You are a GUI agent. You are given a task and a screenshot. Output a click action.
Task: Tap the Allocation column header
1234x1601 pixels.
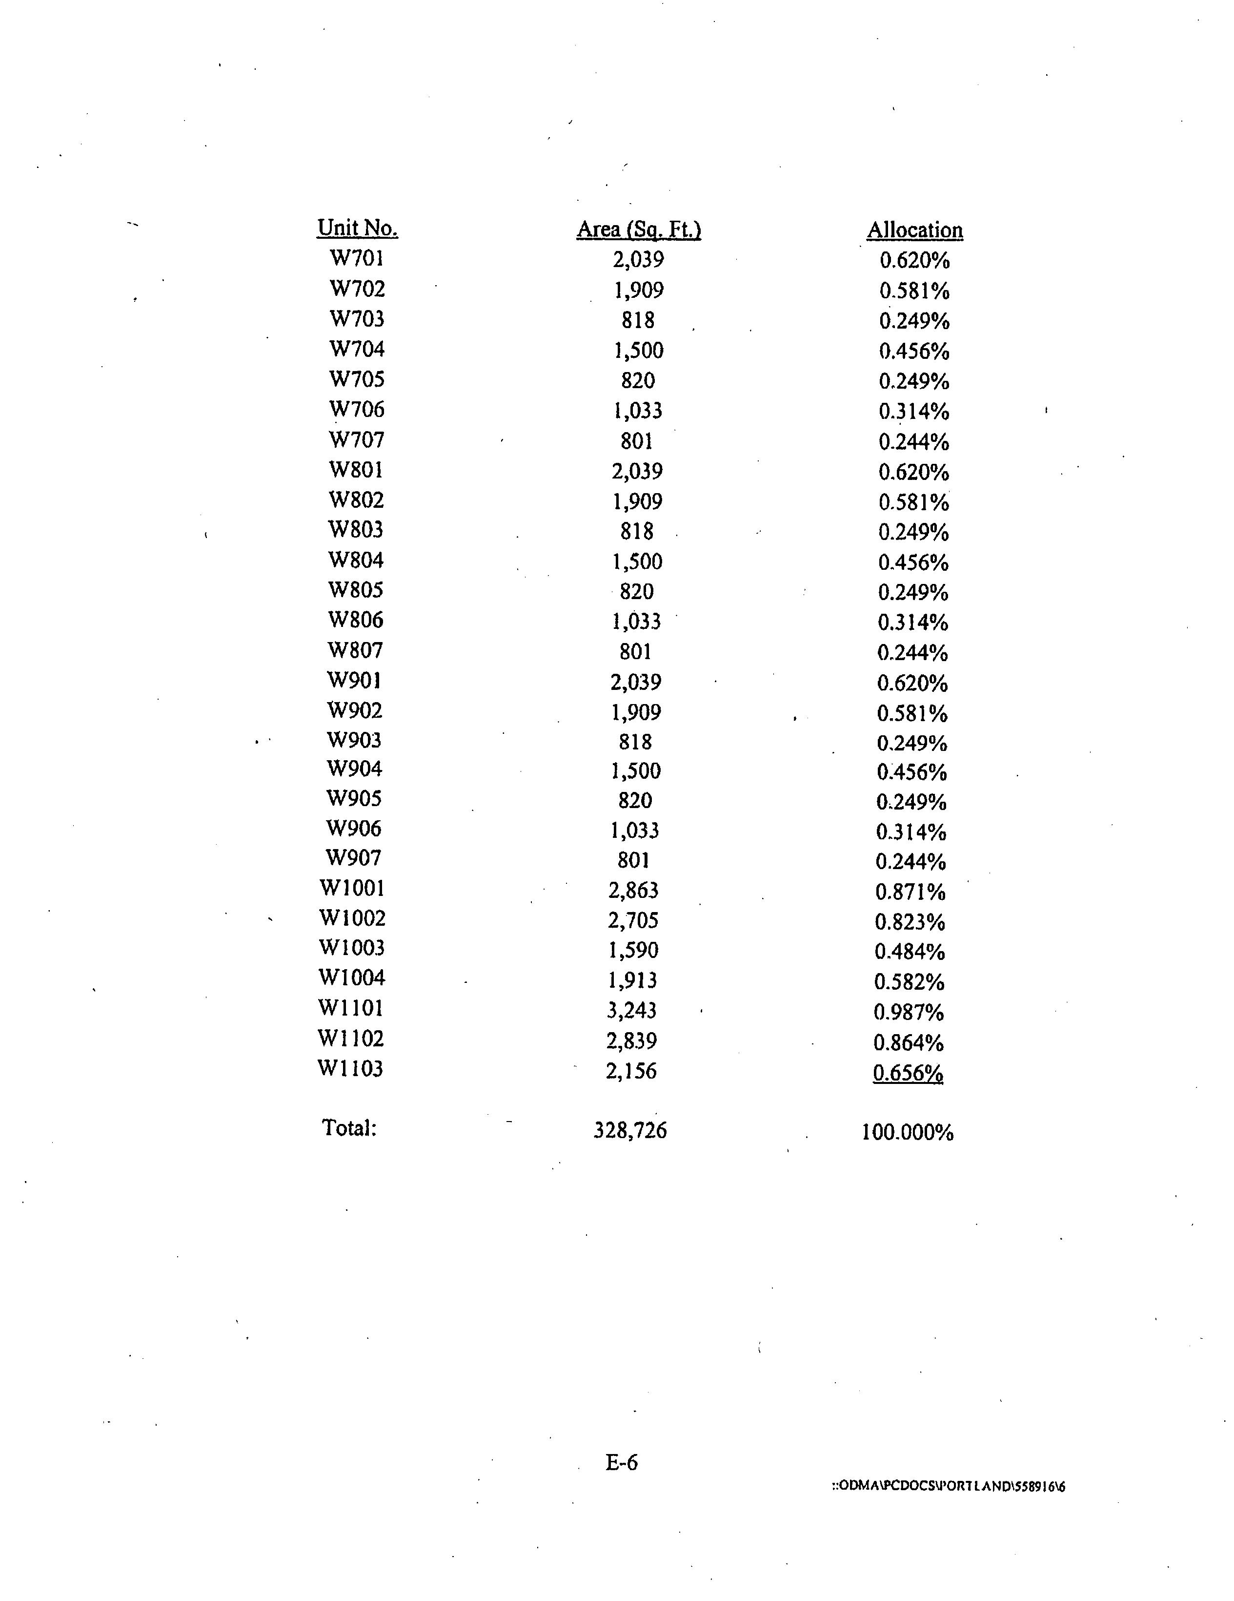pos(914,230)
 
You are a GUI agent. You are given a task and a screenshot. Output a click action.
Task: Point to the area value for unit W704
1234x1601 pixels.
pos(638,351)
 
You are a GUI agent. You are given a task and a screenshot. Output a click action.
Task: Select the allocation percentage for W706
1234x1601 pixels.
pos(914,411)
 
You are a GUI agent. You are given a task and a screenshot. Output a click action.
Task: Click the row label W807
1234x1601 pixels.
pos(355,650)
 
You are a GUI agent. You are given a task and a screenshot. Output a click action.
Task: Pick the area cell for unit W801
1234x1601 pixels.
pos(637,471)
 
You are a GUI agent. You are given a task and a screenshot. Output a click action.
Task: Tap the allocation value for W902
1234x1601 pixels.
pos(912,713)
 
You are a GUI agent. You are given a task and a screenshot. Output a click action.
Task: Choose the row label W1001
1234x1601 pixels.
pos(352,889)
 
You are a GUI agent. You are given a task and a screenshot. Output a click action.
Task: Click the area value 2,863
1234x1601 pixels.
pos(633,890)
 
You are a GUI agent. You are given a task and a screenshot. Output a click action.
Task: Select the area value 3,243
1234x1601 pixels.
pos(632,1010)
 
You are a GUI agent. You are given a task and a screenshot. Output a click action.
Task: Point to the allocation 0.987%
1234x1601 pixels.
pos(909,1012)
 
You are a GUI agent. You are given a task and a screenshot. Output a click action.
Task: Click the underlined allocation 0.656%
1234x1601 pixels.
pos(908,1073)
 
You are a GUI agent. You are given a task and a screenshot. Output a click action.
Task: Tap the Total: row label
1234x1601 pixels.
pos(349,1127)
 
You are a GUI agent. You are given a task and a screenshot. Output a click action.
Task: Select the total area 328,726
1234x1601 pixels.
pos(630,1130)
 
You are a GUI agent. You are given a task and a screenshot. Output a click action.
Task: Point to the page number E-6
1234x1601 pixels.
pos(622,1462)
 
